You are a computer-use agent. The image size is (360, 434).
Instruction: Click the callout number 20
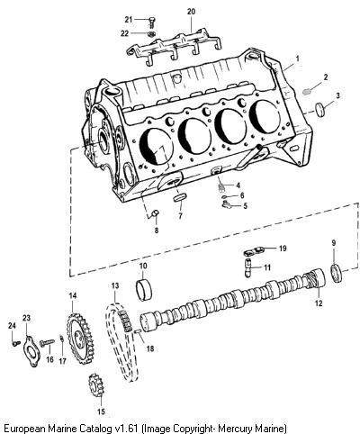191,12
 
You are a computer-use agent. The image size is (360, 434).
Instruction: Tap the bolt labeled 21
151,22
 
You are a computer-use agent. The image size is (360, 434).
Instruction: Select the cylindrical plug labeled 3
321,110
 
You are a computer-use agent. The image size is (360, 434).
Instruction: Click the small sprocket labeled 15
96,384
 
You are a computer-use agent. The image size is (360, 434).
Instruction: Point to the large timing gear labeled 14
80,339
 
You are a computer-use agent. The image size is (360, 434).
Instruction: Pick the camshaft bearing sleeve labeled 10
144,290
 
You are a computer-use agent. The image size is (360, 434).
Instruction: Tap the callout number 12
319,303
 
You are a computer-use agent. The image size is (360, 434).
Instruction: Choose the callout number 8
157,231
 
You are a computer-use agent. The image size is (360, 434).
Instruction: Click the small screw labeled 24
16,343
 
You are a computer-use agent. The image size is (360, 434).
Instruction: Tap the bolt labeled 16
47,342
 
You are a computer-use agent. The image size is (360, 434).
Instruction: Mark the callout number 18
150,348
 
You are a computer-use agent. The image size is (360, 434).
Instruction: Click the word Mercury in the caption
238,427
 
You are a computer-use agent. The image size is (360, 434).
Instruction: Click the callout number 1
297,59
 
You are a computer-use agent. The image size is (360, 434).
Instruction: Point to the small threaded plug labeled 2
306,92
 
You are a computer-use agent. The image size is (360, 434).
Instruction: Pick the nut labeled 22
151,33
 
